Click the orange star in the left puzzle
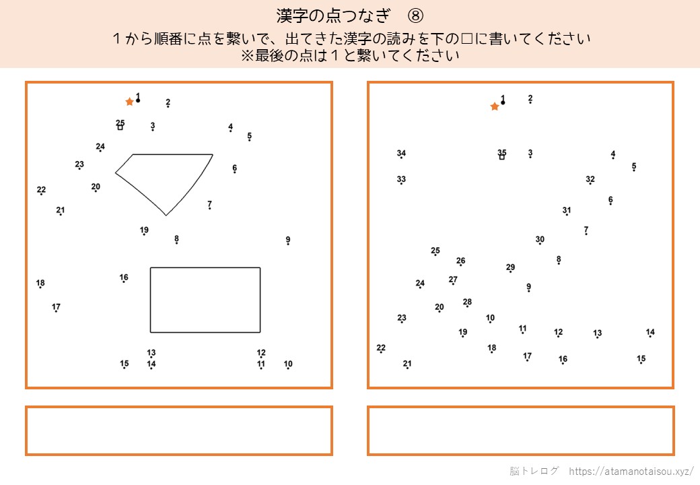(x=129, y=102)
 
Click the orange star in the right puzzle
(x=494, y=106)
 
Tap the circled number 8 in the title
(x=415, y=16)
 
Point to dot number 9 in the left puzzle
(x=288, y=245)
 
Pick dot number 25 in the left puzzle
(x=120, y=128)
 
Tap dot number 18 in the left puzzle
(x=40, y=287)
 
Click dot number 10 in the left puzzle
(x=288, y=368)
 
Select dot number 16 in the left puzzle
(x=124, y=282)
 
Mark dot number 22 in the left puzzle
(x=41, y=194)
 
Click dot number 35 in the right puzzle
(x=502, y=157)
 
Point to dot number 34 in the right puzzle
(x=401, y=158)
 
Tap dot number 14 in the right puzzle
(x=650, y=337)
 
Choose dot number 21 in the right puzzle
(x=407, y=368)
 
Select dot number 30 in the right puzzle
(x=540, y=244)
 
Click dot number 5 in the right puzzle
(x=634, y=170)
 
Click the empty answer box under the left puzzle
(x=179, y=430)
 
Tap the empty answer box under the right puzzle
(x=520, y=430)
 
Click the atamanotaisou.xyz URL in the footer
(x=631, y=471)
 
